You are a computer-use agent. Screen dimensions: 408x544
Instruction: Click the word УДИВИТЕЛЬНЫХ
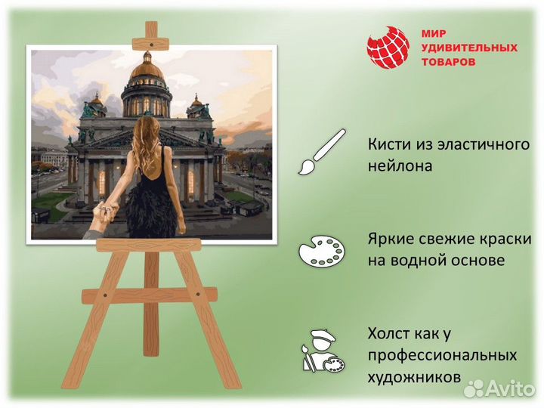point(468,48)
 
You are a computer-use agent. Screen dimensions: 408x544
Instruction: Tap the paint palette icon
point(320,250)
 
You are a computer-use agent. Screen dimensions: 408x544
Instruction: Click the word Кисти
point(388,144)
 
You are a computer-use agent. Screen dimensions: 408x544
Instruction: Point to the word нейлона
point(400,165)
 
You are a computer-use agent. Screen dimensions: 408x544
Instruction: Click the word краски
point(505,239)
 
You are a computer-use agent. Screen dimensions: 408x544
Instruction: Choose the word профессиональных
point(443,355)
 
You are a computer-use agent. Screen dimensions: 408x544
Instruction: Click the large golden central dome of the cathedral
point(147,72)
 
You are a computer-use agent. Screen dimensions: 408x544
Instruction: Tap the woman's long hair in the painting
point(146,140)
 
